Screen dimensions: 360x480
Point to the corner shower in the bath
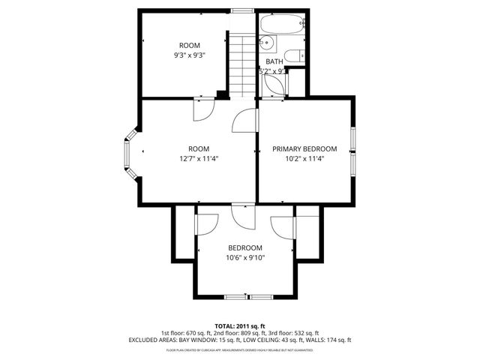pyautogui.click(x=274, y=84)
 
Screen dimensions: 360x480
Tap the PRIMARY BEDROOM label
pyautogui.click(x=304, y=148)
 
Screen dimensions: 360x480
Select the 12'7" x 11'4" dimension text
pyautogui.click(x=199, y=158)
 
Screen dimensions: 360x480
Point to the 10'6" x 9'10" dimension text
pyautogui.click(x=245, y=258)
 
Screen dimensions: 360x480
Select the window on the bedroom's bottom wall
pyautogui.click(x=245, y=297)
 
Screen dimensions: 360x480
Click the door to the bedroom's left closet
pyautogui.click(x=205, y=224)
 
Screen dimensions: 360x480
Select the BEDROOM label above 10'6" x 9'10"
pyautogui.click(x=245, y=248)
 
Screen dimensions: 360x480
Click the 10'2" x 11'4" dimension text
pyautogui.click(x=304, y=158)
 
